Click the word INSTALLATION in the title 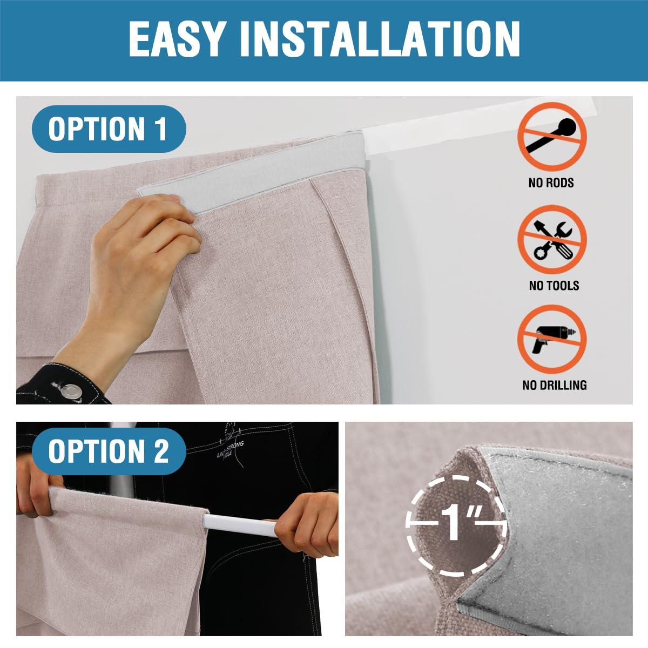(x=380, y=39)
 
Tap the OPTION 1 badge (x=109, y=129)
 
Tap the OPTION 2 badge (x=109, y=451)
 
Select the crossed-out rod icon (x=552, y=137)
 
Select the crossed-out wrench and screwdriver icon (x=552, y=239)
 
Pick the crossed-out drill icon (x=552, y=339)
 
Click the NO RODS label (x=551, y=183)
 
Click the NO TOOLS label (x=554, y=286)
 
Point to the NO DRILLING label (x=555, y=385)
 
